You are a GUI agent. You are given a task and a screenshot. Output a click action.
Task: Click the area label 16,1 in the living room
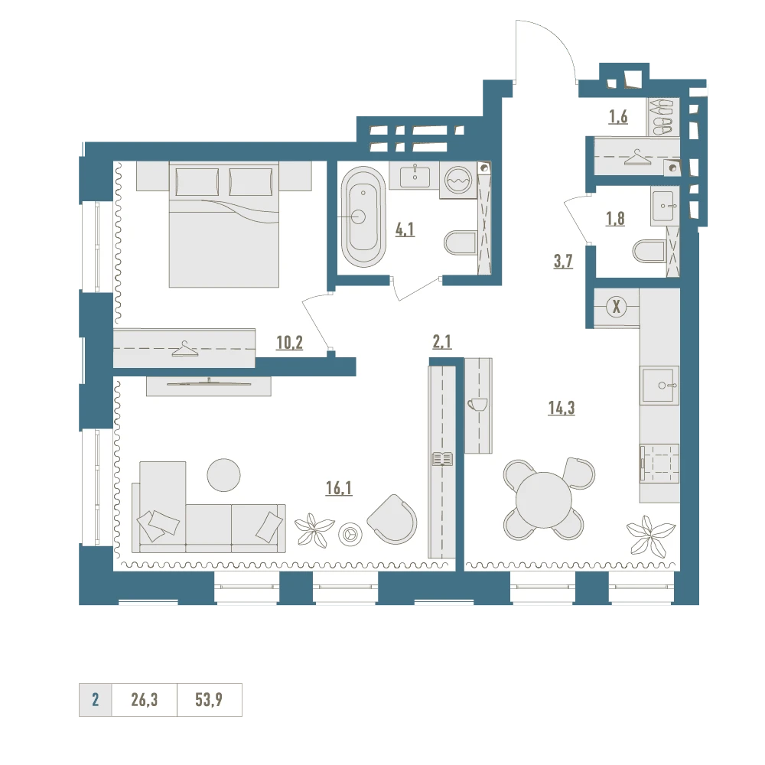point(339,487)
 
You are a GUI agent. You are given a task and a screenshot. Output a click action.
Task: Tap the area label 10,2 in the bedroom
point(289,343)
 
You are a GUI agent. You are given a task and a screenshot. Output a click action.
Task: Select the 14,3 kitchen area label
point(562,408)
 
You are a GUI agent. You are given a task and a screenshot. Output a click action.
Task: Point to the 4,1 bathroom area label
point(405,229)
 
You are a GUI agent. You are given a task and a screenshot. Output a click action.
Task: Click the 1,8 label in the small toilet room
point(615,219)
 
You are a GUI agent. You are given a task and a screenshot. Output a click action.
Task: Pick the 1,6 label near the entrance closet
point(618,116)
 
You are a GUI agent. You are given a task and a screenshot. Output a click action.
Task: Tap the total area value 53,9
point(209,700)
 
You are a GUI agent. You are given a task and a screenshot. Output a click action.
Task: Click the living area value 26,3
point(145,700)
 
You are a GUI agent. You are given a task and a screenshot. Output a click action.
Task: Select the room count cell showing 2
point(95,700)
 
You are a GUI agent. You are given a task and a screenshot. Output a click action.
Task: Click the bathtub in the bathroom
point(363,217)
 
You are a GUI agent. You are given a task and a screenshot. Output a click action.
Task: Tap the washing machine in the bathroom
point(458,181)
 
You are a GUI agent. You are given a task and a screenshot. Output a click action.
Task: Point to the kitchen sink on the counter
point(661,386)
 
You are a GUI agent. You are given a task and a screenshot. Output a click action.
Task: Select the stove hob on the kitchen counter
point(659,464)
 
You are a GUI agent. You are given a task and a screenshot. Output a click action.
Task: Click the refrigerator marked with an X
point(616,308)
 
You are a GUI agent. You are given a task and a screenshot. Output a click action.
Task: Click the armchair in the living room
point(392,519)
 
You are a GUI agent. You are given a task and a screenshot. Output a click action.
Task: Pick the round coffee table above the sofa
point(223,475)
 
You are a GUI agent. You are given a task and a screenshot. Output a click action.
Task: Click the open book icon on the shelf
point(442,459)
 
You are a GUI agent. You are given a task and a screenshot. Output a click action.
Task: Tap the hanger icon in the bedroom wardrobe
point(184,349)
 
